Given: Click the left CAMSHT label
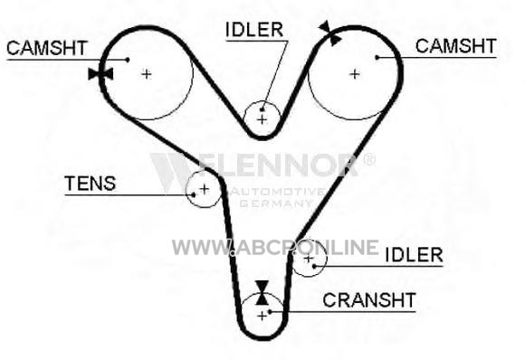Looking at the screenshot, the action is pos(47,48).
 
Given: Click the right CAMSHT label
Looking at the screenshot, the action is pos(455,46).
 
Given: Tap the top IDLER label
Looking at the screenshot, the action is pos(254,30).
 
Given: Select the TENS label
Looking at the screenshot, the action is pos(91,184).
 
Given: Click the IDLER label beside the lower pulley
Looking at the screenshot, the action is pos(415,255).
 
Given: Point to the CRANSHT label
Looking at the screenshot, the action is pos(369,300).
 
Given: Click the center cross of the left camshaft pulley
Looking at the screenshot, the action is pos(147,74).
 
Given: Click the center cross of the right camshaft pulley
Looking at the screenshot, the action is pos(355,74).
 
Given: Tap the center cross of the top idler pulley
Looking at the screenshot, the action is pos(262,119).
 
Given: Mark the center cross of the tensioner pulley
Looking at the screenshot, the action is pos(205,189).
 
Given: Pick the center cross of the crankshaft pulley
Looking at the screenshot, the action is pos(262,316).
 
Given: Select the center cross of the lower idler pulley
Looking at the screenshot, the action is pos(309,259).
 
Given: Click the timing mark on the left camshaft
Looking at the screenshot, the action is pos(100,74).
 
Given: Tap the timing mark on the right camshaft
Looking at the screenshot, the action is pos(329,33).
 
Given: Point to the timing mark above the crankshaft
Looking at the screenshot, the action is pos(262,293).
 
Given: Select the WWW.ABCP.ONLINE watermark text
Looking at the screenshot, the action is pos(275,247).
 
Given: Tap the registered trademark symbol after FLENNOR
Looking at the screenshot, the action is pos(369,159).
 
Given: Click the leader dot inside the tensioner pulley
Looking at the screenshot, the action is pos(194,194).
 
